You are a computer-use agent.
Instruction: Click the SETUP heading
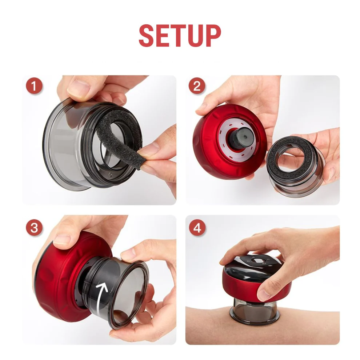pyautogui.click(x=180, y=36)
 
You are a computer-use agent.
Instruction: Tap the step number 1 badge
pyautogui.click(x=34, y=86)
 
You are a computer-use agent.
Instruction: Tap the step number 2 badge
pyautogui.click(x=197, y=86)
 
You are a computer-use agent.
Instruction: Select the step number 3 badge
pyautogui.click(x=34, y=228)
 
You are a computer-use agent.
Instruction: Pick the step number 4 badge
pyautogui.click(x=197, y=228)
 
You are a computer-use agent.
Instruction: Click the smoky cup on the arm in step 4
pyautogui.click(x=255, y=310)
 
